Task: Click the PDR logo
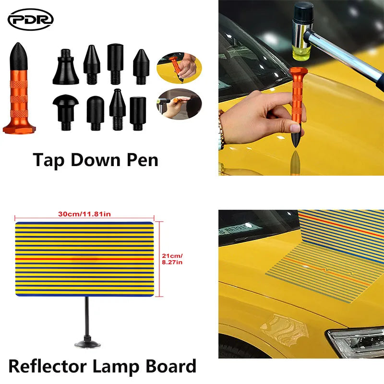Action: (x=31, y=20)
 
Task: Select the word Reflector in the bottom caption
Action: (x=48, y=366)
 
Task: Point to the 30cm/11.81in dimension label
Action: (x=84, y=214)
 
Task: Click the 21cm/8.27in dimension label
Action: (x=172, y=259)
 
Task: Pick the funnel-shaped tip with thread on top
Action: (x=66, y=67)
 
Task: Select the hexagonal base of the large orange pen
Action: (x=19, y=128)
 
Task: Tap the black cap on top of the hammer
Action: (x=303, y=13)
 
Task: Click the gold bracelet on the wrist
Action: (x=221, y=129)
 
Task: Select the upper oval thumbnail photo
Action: (x=179, y=68)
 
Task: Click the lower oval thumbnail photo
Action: (x=179, y=104)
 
